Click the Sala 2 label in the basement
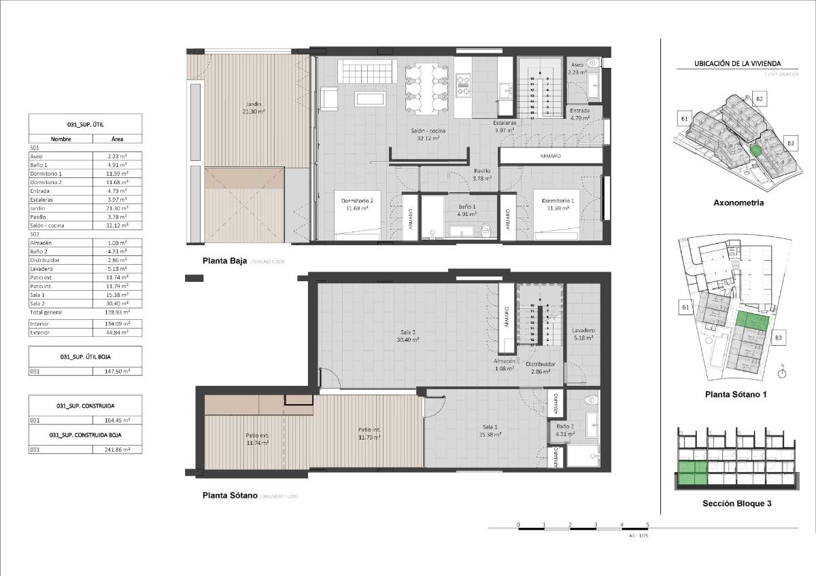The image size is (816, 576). [x=408, y=336]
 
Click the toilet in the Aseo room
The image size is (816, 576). [x=592, y=62]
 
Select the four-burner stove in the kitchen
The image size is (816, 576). [x=464, y=85]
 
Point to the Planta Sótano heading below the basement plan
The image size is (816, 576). [x=230, y=495]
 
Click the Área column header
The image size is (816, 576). [x=117, y=139]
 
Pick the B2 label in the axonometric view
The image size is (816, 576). [x=760, y=99]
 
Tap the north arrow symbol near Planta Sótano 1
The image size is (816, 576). [x=783, y=372]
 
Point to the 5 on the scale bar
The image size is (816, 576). [x=647, y=525]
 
